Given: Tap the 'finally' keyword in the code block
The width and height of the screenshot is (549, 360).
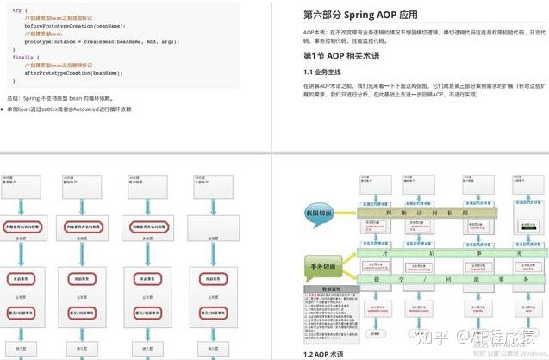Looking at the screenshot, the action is (22, 57).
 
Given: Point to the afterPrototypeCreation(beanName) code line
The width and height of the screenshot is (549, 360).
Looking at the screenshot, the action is (69, 73).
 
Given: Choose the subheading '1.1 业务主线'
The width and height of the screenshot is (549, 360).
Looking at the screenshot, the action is (324, 71).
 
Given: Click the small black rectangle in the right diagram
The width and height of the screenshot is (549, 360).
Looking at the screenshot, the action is (522, 227).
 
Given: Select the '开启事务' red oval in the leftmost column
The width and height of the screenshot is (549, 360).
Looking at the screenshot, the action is (24, 279).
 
